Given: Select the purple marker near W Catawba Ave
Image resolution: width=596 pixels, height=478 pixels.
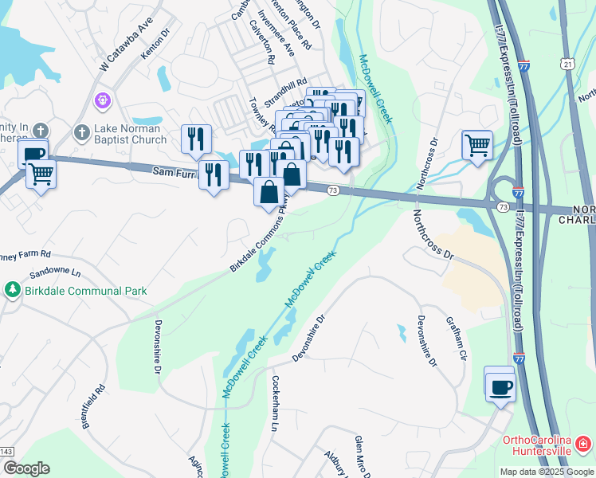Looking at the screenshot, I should click(x=101, y=100).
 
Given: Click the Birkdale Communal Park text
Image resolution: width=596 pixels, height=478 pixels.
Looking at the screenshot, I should click(x=85, y=291).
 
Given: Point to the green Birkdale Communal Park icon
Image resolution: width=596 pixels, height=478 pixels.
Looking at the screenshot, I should click(x=12, y=289).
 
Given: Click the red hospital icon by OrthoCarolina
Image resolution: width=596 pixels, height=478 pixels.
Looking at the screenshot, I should click(x=584, y=442).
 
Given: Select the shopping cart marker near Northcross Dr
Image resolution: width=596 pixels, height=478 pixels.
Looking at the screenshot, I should click(x=477, y=145).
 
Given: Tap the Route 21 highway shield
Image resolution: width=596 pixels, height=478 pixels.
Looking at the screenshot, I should click(x=567, y=64).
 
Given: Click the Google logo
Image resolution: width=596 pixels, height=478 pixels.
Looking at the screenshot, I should click(x=26, y=468).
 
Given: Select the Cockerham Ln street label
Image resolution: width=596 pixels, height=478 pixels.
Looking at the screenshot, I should click(x=276, y=403).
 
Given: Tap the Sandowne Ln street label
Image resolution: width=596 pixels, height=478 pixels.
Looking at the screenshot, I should click(x=56, y=272).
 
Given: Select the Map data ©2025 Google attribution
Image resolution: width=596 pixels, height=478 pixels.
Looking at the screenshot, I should click(x=547, y=472).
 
